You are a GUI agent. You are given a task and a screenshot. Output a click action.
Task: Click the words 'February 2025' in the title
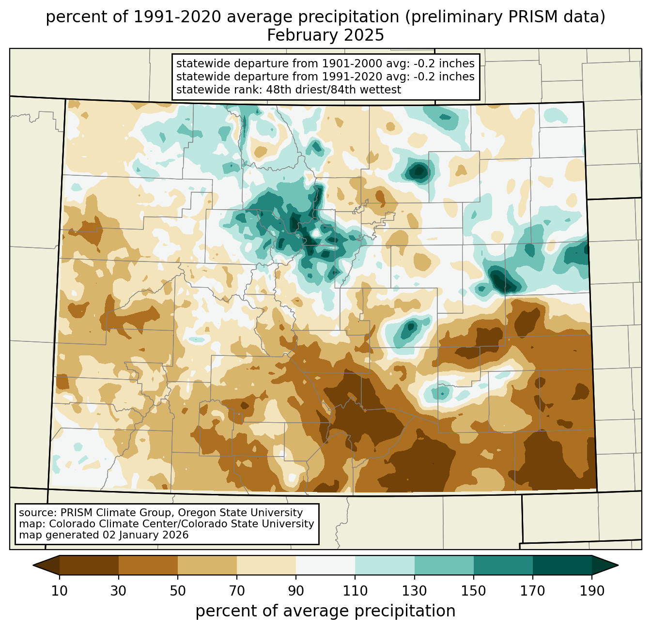coord(325,35)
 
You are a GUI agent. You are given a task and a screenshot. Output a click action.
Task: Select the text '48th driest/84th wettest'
coord(333,90)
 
